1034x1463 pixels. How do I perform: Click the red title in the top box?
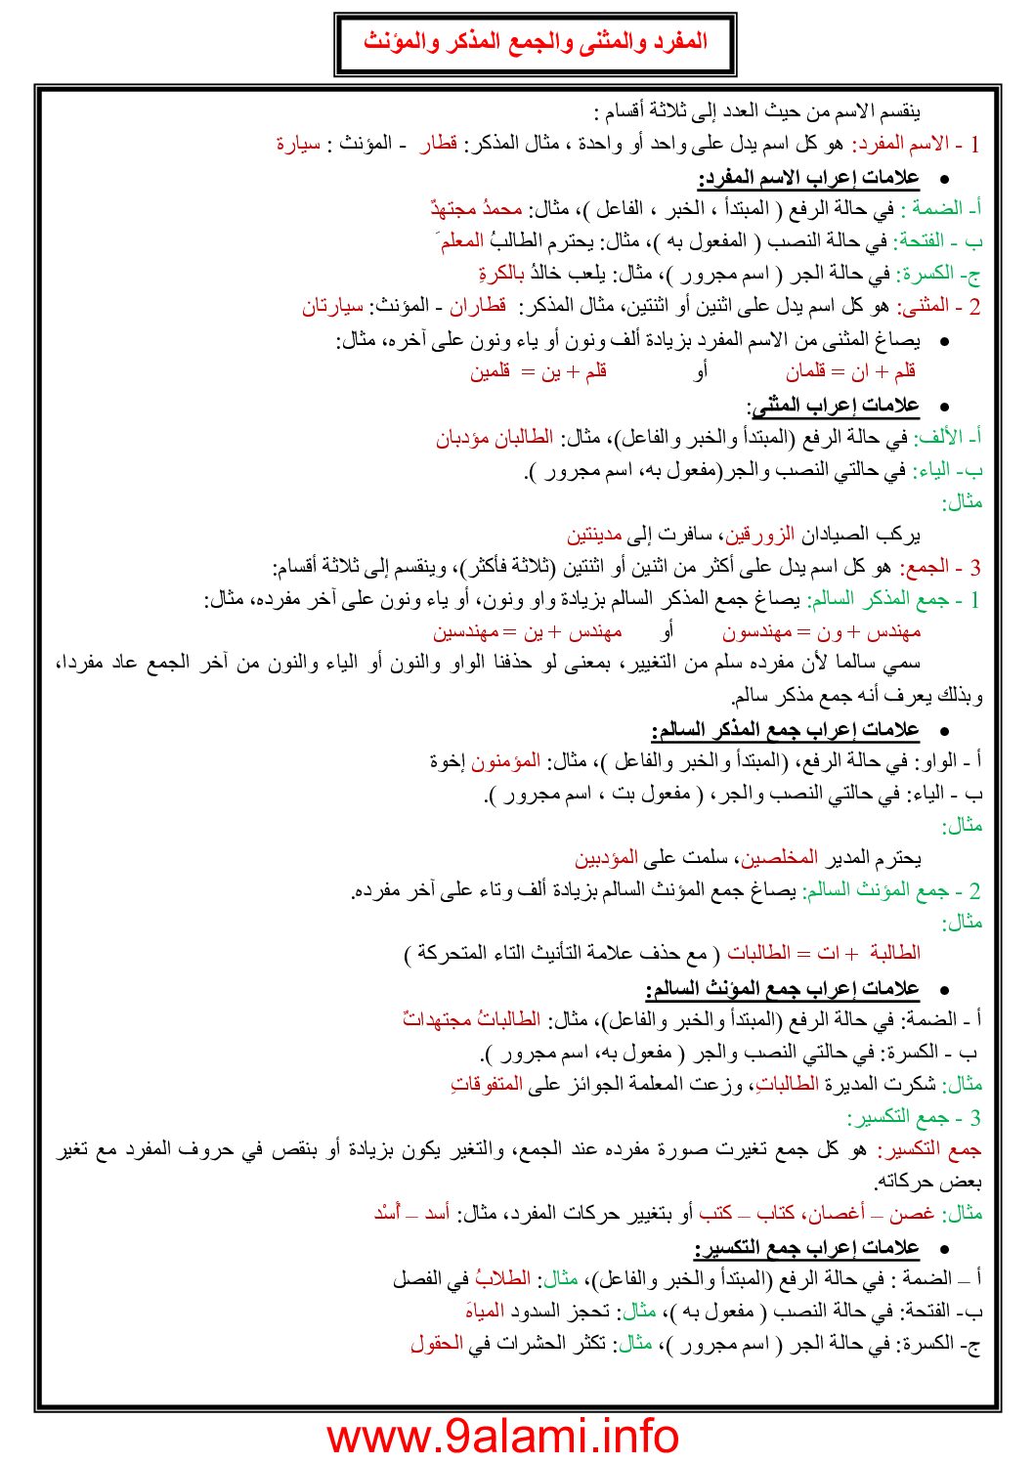(535, 42)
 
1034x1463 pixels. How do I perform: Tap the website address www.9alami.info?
(502, 1435)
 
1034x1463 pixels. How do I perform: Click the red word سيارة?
(298, 145)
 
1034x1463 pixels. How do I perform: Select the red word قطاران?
(477, 306)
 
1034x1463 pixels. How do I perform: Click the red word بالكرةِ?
(501, 274)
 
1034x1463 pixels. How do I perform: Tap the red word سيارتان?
(332, 306)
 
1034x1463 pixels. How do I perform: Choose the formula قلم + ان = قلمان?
(850, 371)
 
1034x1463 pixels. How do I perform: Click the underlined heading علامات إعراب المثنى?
(833, 405)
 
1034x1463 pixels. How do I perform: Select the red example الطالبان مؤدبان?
(495, 437)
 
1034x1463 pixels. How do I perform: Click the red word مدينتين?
(594, 535)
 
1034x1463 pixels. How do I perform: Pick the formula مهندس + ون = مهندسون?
(821, 632)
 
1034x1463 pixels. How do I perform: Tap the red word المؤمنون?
(505, 761)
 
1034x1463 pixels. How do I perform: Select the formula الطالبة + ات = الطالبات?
(824, 953)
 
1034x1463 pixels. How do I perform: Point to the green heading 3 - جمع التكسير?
(914, 1117)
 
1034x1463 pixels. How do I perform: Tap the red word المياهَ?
(485, 1312)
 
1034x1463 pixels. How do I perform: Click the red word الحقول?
(437, 1344)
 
